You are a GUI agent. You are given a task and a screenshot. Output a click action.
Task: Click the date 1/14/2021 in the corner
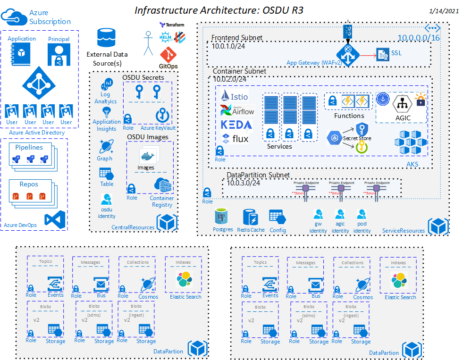click(444, 10)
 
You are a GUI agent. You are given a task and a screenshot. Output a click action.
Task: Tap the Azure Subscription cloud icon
click(14, 17)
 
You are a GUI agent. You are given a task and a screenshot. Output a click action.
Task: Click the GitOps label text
click(168, 66)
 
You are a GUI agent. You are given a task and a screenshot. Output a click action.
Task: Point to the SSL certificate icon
click(382, 54)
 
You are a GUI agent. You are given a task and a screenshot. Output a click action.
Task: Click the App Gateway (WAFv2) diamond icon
click(348, 53)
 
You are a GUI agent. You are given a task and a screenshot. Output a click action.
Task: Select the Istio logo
click(234, 96)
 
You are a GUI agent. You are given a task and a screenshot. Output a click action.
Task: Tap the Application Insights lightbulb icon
click(107, 112)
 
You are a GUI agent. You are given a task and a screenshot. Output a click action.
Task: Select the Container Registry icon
click(162, 185)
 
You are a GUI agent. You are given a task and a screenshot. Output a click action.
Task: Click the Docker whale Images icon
click(146, 155)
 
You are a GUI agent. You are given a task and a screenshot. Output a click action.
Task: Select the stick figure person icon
click(149, 42)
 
